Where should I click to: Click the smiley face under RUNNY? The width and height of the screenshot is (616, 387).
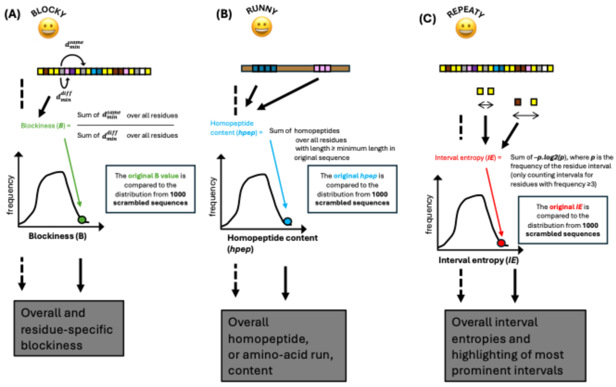(x=262, y=27)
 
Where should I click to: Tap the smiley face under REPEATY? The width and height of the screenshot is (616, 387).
(x=466, y=28)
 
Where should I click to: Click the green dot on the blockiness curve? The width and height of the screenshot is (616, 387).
(x=82, y=219)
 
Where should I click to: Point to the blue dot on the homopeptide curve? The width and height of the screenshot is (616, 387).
(x=288, y=221)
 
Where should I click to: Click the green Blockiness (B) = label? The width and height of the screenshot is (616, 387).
(x=45, y=126)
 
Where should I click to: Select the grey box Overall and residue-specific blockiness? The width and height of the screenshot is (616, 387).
(x=69, y=329)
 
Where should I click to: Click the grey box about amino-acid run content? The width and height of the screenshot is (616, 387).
(x=283, y=346)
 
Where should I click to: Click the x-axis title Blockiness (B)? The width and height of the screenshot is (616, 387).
(x=57, y=236)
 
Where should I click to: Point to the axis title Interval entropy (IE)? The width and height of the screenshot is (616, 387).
(x=478, y=260)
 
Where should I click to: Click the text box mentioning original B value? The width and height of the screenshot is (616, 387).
(x=150, y=189)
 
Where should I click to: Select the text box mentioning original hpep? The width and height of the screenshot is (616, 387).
(x=352, y=189)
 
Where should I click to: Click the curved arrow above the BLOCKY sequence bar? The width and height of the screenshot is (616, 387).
(x=73, y=58)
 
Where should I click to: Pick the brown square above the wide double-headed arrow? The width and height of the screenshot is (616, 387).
(x=517, y=102)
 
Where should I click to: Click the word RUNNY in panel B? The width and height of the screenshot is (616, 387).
(x=262, y=10)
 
